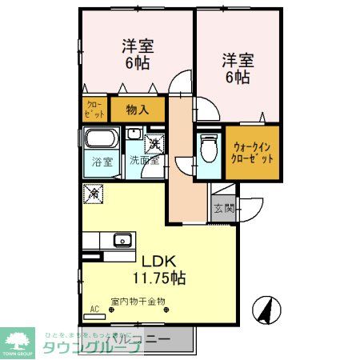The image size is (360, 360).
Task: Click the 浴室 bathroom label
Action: [x=101, y=160]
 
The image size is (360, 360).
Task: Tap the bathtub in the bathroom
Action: [x=102, y=139]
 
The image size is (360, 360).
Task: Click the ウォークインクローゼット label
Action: [x=253, y=153]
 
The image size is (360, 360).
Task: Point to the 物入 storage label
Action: [x=138, y=108]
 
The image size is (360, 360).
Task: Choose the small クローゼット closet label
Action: [x=93, y=109]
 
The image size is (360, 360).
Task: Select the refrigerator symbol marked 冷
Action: [x=94, y=193]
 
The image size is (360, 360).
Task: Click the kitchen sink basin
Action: [x=123, y=239]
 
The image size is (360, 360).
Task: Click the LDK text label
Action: [x=159, y=261]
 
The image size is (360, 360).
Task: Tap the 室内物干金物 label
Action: [x=138, y=301]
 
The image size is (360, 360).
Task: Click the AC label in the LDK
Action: [x=95, y=308]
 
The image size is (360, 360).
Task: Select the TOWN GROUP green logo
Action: [x=19, y=342]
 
